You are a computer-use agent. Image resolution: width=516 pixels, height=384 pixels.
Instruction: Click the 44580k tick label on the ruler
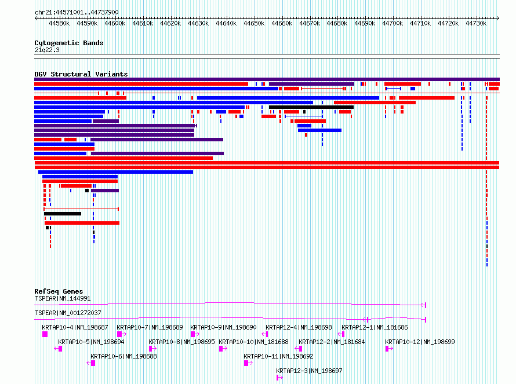pos(59,23)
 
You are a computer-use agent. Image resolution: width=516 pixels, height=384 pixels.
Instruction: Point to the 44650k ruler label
pos(254,23)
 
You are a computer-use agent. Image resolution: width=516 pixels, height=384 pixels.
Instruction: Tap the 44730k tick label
pos(476,23)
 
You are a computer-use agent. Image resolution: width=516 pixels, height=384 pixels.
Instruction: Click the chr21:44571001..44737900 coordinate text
pos(77,12)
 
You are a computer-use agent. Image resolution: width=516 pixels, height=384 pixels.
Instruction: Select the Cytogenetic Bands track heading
pos(69,43)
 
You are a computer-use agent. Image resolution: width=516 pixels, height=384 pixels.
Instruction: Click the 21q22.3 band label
pos(47,50)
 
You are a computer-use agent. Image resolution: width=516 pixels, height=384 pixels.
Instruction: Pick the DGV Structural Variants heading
pos(81,74)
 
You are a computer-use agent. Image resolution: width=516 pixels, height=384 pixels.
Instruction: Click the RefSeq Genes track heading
pos(59,291)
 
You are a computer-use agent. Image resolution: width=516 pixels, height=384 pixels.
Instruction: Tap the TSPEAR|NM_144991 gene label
pos(63,298)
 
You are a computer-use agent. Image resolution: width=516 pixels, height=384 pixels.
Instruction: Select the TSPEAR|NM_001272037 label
pos(68,313)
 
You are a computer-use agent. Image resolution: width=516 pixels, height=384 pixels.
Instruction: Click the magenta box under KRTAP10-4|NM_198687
pos(45,334)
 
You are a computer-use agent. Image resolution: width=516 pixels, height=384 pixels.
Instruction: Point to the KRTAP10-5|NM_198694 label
pos(91,342)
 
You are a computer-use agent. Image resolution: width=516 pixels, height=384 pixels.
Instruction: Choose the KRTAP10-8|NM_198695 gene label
pos(181,342)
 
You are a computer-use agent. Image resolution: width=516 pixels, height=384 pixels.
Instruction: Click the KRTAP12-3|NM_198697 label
pos(310,371)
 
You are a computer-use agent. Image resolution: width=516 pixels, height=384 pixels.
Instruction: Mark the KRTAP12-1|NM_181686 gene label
pos(375,327)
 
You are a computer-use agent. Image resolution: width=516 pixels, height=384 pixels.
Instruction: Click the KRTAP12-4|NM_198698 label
pos(299,327)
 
